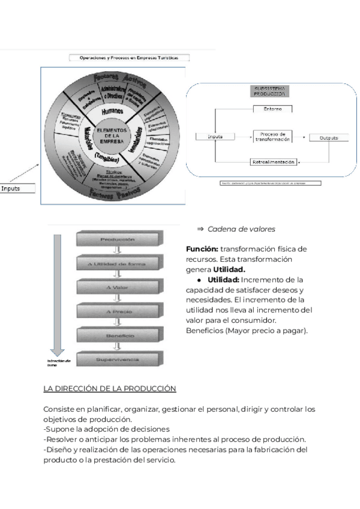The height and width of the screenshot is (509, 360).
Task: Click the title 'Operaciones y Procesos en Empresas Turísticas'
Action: (x=130, y=58)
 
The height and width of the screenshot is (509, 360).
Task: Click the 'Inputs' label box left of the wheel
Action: (x=18, y=188)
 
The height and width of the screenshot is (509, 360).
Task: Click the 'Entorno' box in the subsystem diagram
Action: (x=272, y=109)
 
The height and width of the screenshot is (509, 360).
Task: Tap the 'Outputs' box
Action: (x=329, y=137)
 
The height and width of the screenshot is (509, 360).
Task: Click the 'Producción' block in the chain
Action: (x=118, y=239)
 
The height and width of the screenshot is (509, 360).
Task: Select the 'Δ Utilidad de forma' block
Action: (x=118, y=264)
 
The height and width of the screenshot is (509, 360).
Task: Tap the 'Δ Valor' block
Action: (x=118, y=288)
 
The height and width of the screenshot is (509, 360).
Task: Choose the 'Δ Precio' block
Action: (x=118, y=312)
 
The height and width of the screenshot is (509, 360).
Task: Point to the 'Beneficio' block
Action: (x=118, y=336)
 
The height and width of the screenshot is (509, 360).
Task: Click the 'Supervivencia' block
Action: (x=118, y=360)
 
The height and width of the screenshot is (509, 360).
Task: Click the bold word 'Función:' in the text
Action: (x=202, y=249)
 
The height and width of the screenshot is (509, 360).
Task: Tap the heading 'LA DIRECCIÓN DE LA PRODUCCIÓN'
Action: (x=110, y=389)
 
